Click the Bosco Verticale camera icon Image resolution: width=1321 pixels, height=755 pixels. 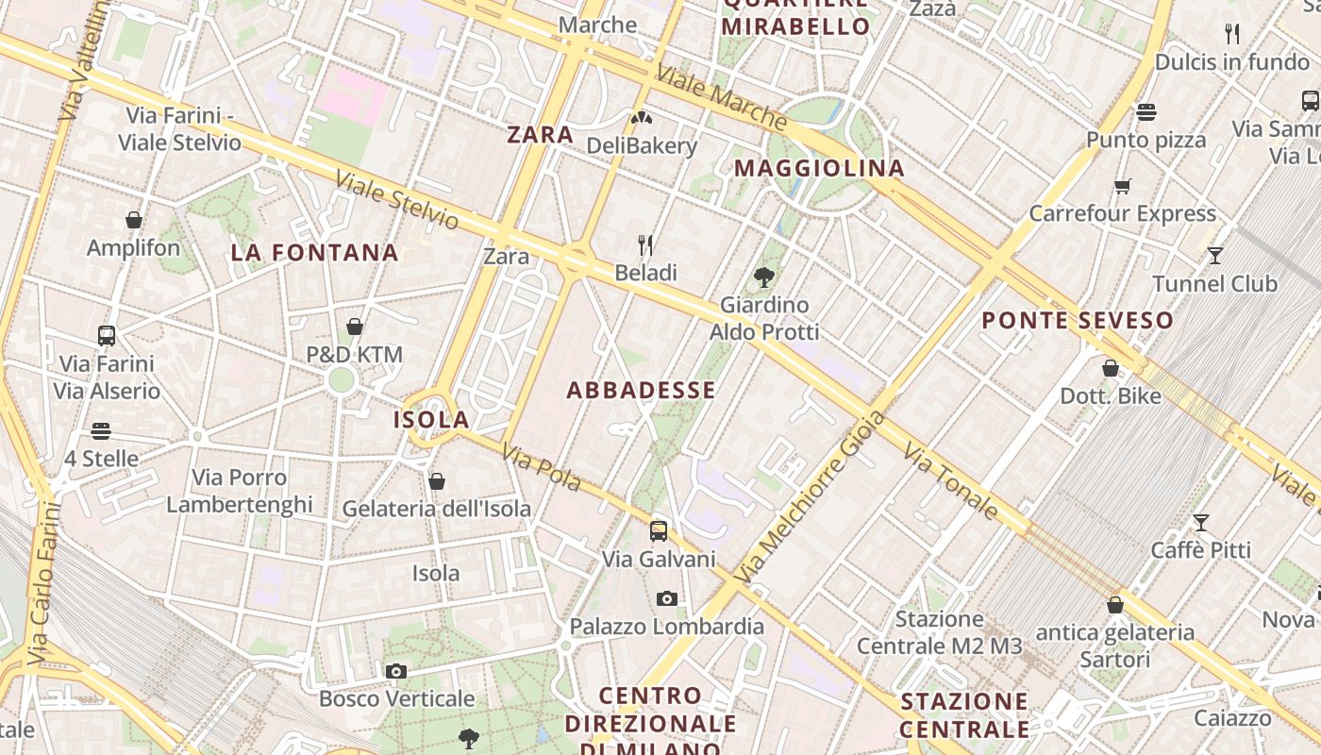tap(396, 671)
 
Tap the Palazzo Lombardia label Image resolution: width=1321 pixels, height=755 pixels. tap(666, 626)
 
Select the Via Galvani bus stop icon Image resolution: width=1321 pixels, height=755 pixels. tap(659, 530)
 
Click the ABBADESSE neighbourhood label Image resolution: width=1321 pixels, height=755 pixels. tap(641, 390)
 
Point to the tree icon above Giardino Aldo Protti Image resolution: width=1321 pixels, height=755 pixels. tap(764, 277)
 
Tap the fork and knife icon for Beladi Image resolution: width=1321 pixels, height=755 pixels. tap(645, 245)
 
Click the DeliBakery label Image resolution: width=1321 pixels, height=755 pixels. tap(642, 145)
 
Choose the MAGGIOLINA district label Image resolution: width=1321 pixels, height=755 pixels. tap(819, 168)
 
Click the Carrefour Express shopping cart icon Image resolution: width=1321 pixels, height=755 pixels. tap(1122, 186)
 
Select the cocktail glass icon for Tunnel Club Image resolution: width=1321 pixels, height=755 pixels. tap(1215, 256)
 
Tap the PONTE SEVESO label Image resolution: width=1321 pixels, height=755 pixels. tap(1078, 320)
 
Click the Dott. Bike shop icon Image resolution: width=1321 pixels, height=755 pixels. tap(1111, 368)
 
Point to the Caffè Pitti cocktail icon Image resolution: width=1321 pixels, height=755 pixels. tap(1201, 522)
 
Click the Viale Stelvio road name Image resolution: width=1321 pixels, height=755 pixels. tap(397, 200)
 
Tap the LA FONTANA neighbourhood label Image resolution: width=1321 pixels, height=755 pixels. tap(314, 252)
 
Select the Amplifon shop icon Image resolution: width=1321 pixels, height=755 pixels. tap(134, 220)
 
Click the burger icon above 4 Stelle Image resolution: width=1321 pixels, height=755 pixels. tap(101, 431)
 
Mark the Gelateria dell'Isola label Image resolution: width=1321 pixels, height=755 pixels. tap(436, 509)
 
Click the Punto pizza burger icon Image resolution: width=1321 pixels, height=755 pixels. tap(1146, 112)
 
